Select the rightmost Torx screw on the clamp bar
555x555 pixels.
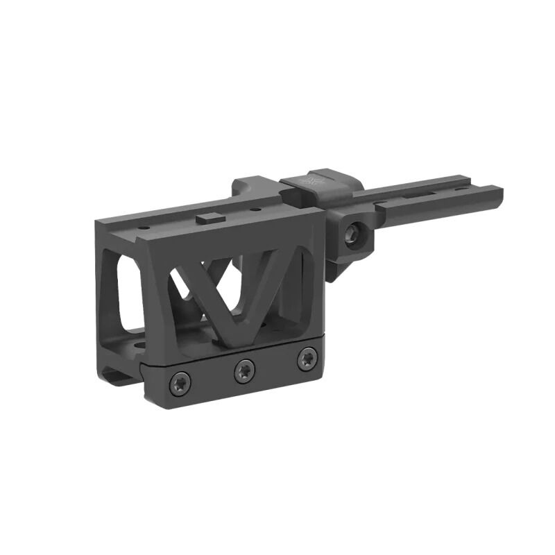(306, 359)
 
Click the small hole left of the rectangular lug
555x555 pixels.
(144, 228)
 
